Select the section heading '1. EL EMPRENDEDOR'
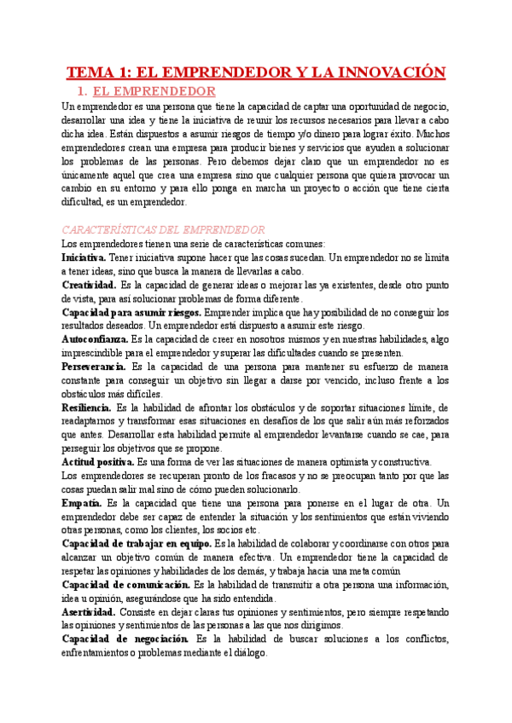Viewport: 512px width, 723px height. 147,91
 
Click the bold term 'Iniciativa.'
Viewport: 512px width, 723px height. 84,257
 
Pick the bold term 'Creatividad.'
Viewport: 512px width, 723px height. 89,285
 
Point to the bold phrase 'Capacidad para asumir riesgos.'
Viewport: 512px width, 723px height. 131,312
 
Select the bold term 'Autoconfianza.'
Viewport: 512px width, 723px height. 95,339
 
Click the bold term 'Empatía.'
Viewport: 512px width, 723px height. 81,504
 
